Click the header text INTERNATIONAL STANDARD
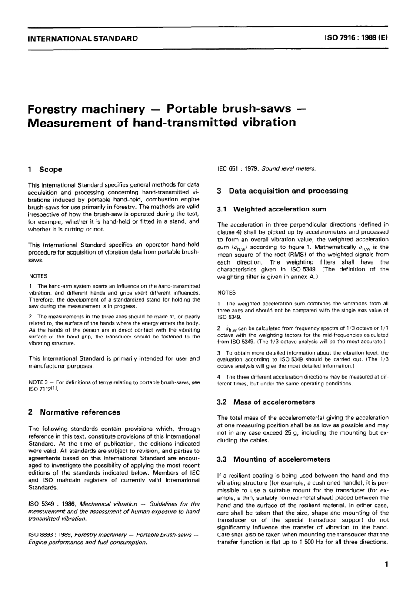[x=83, y=38]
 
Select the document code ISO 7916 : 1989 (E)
[x=355, y=38]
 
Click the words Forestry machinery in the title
[x=86, y=108]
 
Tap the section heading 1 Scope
[x=45, y=169]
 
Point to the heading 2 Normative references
[x=74, y=412]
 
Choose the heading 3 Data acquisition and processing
[x=282, y=191]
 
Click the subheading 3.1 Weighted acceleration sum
[x=271, y=209]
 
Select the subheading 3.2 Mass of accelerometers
[x=266, y=402]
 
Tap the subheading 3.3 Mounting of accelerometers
[x=273, y=459]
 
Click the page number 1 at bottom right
[x=386, y=565]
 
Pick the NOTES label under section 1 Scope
[x=38, y=276]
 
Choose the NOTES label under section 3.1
[x=226, y=293]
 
